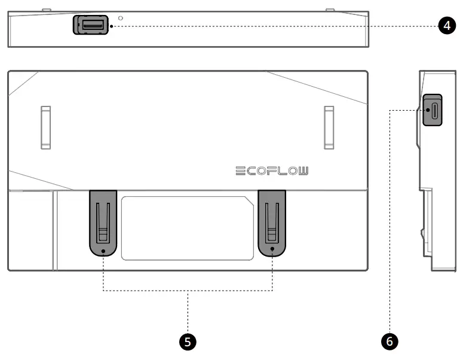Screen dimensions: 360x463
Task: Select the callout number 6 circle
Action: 390,341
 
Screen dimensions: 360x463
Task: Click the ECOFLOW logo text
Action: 272,172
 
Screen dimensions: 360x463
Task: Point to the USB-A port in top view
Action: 91,25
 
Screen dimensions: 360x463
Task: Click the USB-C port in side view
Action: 433,111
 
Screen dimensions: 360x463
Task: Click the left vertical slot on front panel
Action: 45,127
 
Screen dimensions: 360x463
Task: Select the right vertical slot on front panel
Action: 329,127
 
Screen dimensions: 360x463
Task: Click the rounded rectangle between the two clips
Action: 188,228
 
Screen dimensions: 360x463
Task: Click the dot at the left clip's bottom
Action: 103,251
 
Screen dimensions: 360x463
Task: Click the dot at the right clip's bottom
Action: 272,251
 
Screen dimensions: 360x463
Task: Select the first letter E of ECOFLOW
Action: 239,172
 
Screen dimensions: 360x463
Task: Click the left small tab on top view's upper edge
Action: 47,10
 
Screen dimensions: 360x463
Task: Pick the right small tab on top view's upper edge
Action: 329,10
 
